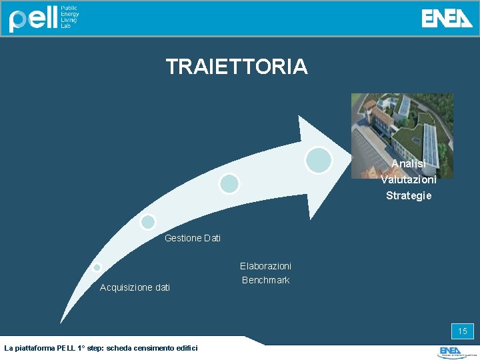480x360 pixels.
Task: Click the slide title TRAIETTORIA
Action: tap(237, 67)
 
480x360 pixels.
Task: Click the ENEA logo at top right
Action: tap(447, 18)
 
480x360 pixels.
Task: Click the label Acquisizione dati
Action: tap(135, 287)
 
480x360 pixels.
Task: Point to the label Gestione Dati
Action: tap(192, 238)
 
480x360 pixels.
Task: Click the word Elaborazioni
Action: tap(265, 266)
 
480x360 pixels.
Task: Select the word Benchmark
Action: tap(265, 280)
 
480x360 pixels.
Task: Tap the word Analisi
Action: tap(408, 164)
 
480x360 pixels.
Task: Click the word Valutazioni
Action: tap(408, 179)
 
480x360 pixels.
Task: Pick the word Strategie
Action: tap(408, 195)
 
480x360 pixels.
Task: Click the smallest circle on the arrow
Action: tap(97, 267)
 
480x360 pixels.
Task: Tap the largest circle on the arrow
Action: tap(319, 160)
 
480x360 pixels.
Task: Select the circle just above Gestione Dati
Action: tap(148, 222)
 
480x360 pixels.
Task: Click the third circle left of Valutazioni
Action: tap(229, 183)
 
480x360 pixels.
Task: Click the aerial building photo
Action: tap(402, 127)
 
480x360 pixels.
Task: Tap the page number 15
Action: tap(462, 331)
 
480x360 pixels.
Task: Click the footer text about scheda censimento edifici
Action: tap(101, 348)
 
